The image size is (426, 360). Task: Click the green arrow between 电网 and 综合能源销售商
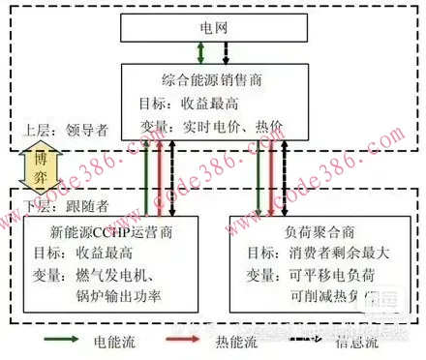tap(200, 51)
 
